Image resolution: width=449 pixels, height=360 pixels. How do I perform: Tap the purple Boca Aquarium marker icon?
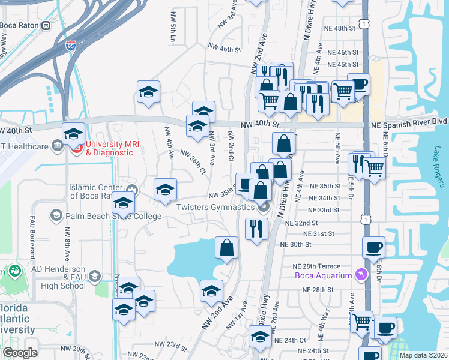coord(360,275)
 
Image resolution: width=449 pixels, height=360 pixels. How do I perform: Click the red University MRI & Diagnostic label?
coord(109,148)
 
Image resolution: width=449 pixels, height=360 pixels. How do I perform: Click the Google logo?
coord(20,353)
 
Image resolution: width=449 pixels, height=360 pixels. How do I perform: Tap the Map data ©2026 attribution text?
coord(423,355)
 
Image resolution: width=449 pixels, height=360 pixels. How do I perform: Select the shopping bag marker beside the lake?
coord(227,248)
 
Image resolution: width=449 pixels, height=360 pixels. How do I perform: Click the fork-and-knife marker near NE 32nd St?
coord(257,228)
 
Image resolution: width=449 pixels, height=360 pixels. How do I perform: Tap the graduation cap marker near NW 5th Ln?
coord(148,92)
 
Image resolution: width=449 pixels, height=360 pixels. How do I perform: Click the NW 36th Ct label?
coord(192,161)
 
